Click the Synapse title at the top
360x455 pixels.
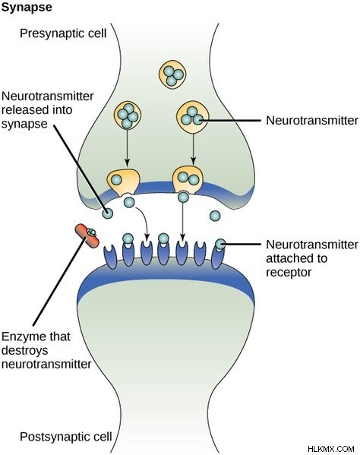[x=27, y=8]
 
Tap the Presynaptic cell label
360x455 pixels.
[x=63, y=33]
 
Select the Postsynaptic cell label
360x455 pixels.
[x=66, y=436]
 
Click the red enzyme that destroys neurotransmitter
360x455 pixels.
[x=87, y=235]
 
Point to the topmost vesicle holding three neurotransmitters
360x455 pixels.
[x=172, y=74]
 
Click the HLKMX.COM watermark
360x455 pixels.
[x=331, y=449]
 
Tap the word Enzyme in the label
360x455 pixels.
[x=23, y=337]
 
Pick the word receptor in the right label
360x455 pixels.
[x=289, y=272]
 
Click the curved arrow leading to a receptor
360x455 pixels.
[x=143, y=221]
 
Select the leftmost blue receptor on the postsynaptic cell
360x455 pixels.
[x=110, y=257]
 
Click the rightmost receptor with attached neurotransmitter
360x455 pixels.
[x=218, y=254]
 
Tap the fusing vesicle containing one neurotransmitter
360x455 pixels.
[x=123, y=182]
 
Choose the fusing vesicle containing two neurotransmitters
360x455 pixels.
[x=188, y=179]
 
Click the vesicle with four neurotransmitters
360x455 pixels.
[x=128, y=115]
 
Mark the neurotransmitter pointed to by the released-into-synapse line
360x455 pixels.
[x=108, y=213]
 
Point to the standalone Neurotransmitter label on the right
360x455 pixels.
[x=312, y=121]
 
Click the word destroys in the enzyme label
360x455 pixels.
[x=24, y=350]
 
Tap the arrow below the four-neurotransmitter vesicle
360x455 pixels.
[x=127, y=148]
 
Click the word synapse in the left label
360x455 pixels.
[x=24, y=125]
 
